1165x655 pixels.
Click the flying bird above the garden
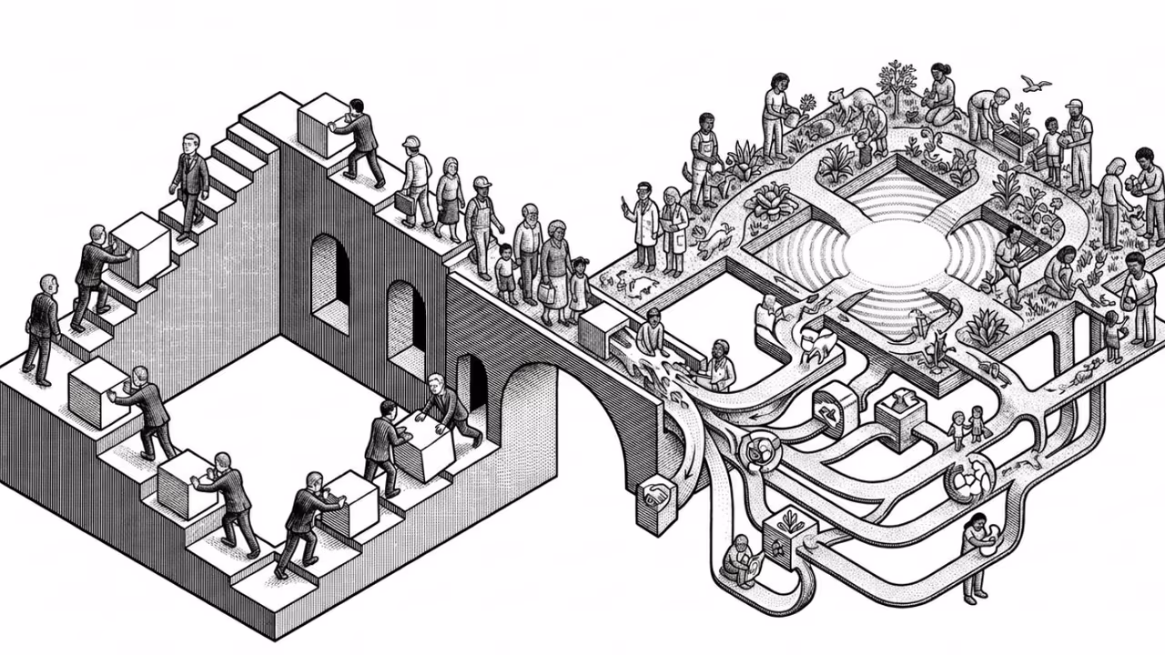pos(1035,84)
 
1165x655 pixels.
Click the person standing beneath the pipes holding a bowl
pos(975,555)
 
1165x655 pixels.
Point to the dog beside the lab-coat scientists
pos(713,238)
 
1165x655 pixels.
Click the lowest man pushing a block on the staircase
pos(299,523)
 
